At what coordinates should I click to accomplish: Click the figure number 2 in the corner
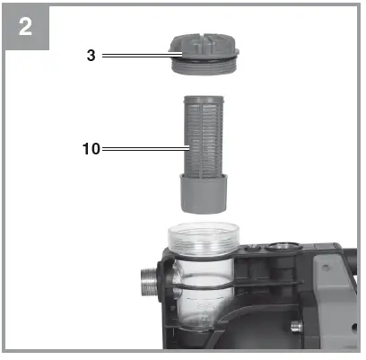(25, 25)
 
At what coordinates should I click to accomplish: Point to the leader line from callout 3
(135, 55)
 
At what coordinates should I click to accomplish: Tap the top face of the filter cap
(205, 42)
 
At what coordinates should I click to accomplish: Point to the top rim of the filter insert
(207, 98)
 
